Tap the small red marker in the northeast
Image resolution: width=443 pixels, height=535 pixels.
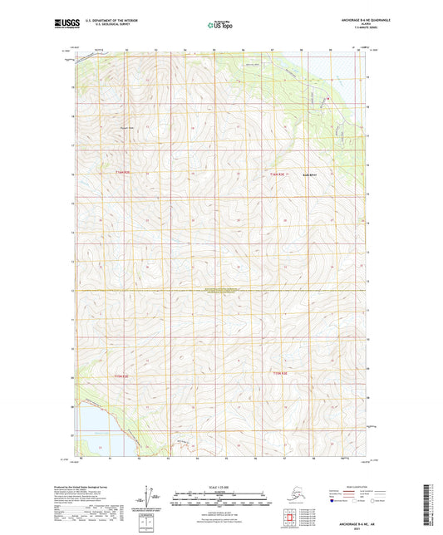tap(327, 101)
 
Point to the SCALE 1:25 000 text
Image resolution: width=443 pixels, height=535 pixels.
tap(222, 487)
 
